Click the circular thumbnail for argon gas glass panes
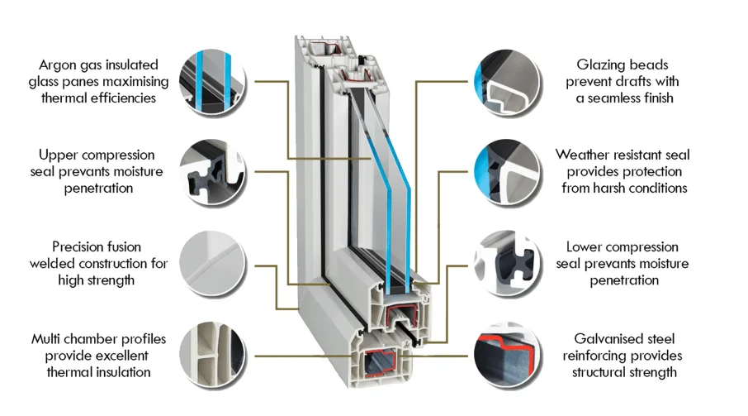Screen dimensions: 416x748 [212, 80]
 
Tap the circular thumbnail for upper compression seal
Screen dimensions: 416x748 [212, 171]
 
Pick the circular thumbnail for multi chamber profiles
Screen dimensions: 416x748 [212, 354]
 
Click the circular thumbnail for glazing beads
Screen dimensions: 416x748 [506, 80]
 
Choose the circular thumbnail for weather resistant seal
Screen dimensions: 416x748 [506, 171]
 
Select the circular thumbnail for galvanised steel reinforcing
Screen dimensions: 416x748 [506, 354]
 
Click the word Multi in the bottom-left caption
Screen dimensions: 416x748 [47, 339]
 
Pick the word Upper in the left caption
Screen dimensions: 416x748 [57, 155]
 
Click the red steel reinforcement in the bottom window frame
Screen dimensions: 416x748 [381, 361]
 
